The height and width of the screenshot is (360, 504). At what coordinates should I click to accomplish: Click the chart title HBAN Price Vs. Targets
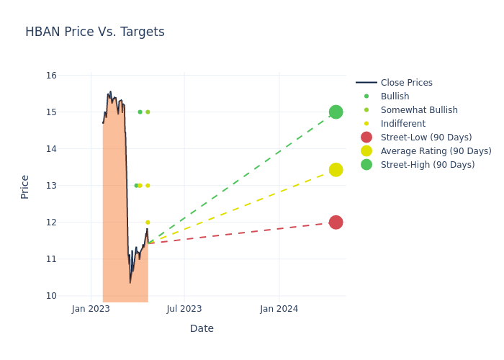pos(95,32)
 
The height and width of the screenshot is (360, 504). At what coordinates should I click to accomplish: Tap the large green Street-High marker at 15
pos(336,112)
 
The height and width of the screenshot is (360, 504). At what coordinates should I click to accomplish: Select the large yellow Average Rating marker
pos(336,170)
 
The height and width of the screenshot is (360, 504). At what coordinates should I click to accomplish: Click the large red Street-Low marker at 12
pos(336,222)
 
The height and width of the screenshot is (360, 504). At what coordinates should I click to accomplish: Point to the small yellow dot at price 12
pos(148,222)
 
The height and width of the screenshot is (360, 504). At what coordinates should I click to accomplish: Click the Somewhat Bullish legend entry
pos(419,110)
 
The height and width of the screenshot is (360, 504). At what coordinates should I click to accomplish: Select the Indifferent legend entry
pos(402,124)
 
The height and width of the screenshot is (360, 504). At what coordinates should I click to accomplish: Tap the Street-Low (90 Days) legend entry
pos(426,138)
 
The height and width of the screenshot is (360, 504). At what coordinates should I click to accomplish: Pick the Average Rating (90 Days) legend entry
pos(436,151)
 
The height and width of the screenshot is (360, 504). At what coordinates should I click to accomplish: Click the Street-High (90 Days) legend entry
pos(427,165)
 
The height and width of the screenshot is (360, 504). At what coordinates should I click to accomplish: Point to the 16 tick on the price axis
pos(51,76)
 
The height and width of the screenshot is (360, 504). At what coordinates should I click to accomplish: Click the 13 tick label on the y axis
pos(51,186)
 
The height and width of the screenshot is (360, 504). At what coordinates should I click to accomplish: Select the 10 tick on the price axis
pos(51,296)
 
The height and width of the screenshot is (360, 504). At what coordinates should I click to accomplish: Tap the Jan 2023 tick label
pos(91,310)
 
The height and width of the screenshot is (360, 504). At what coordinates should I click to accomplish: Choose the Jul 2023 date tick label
pos(184,310)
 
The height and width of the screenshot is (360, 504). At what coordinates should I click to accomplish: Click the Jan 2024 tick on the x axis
pos(279,310)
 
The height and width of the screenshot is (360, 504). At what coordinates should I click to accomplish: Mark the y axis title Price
pos(25,186)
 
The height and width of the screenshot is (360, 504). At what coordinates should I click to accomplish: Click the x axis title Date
pos(202,328)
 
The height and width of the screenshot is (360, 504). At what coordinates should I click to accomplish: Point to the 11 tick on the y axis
pos(51,259)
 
